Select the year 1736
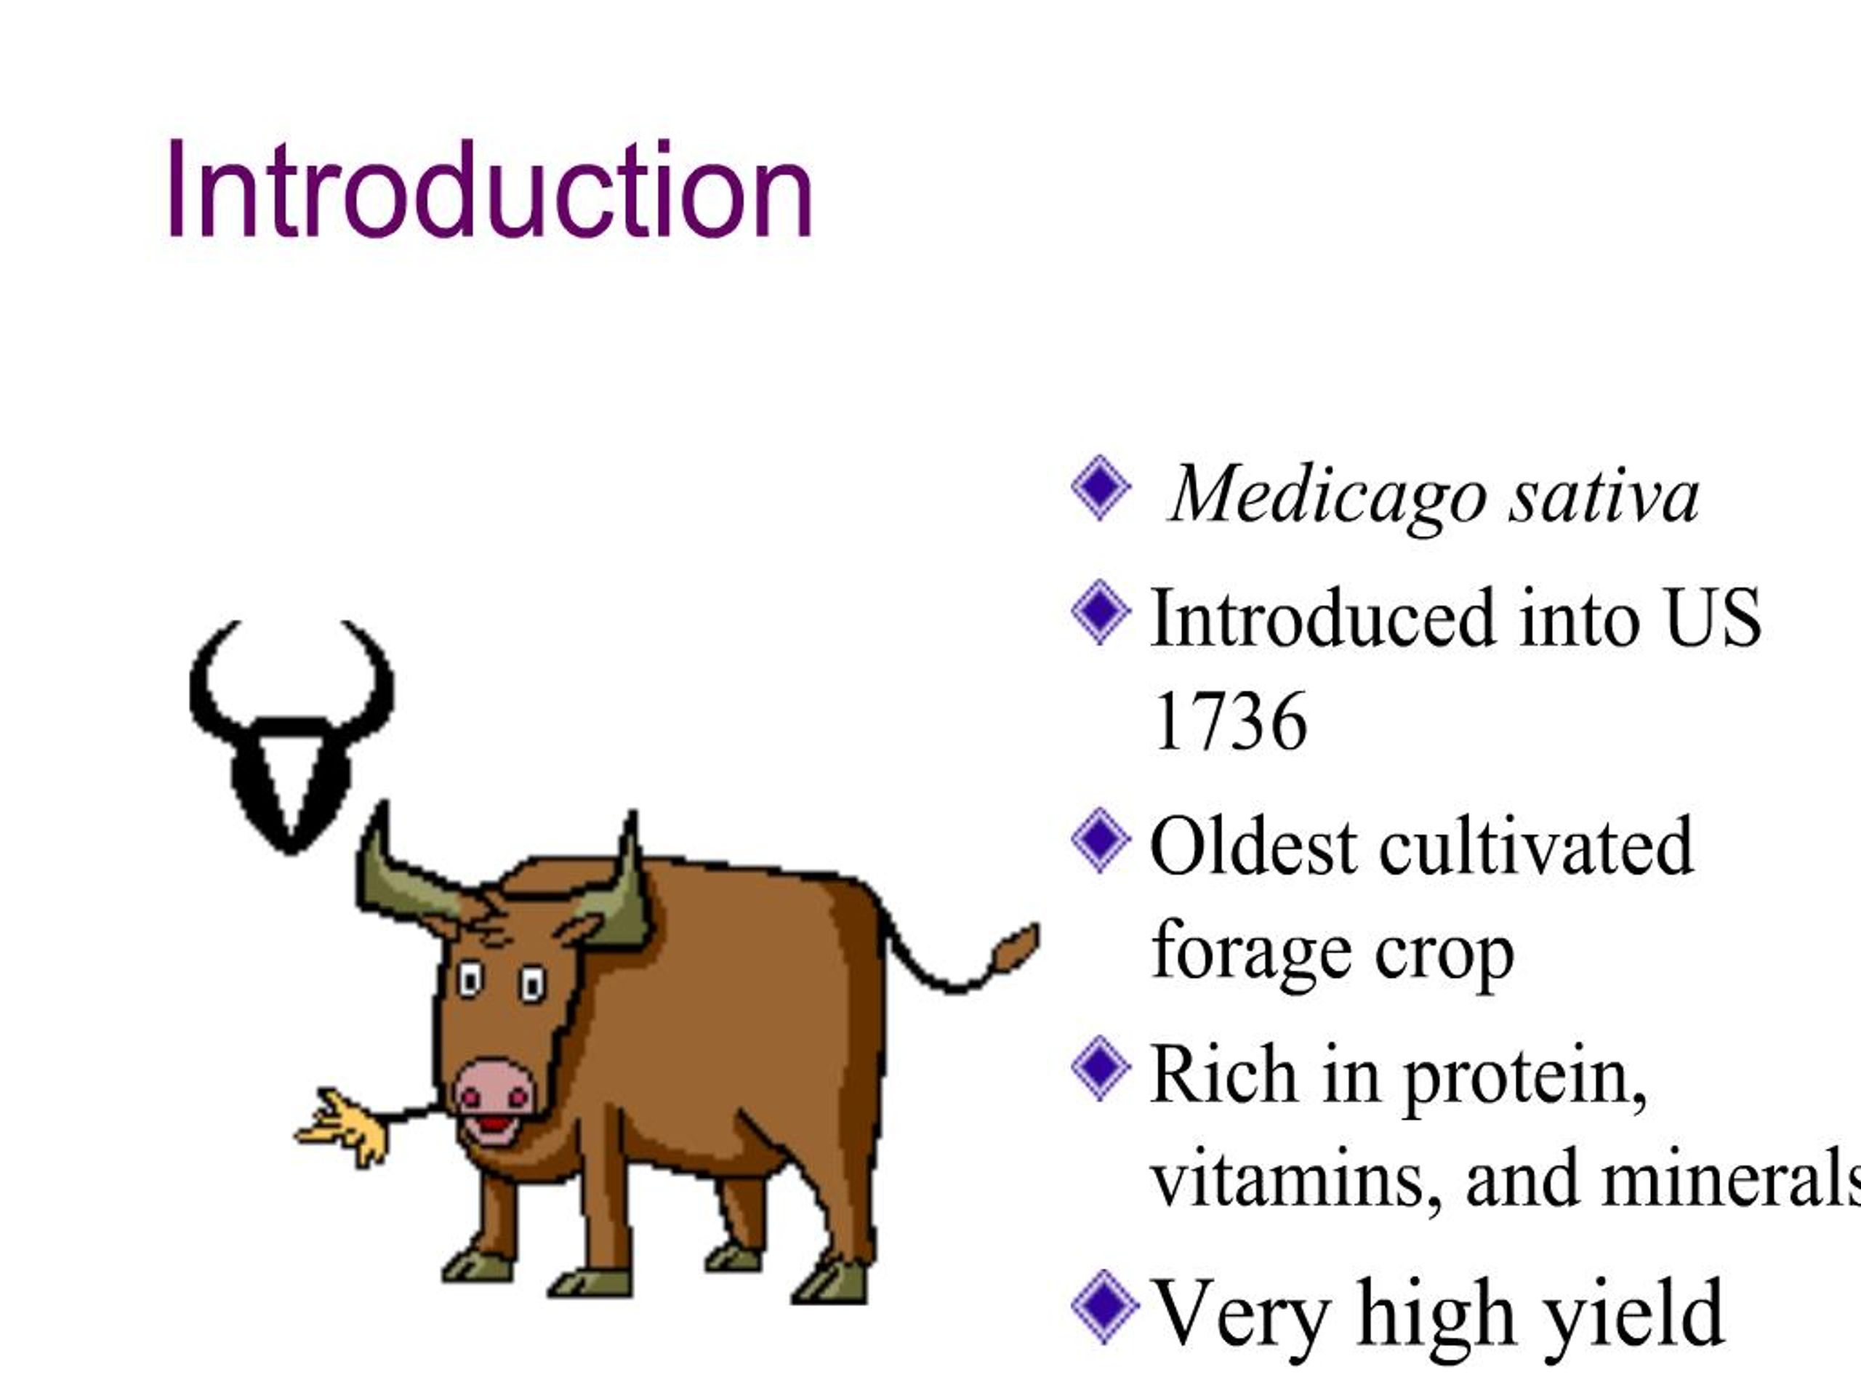[1229, 722]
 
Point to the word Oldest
[1253, 846]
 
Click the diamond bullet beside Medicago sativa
[1101, 488]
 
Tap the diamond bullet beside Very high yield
[1104, 1306]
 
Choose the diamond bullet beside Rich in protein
[1101, 1069]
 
